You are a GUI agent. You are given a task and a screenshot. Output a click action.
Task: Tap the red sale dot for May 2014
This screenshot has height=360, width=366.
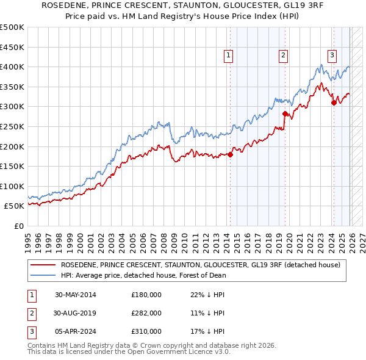tap(230, 154)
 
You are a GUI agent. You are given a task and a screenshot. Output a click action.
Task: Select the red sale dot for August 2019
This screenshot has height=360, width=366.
tap(285, 113)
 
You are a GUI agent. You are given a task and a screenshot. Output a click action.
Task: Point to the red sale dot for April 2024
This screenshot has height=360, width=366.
tap(334, 103)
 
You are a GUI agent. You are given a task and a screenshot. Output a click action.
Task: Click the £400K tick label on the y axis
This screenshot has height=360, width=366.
tap(12, 67)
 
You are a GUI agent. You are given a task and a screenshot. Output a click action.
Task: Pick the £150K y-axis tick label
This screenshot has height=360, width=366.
tap(12, 166)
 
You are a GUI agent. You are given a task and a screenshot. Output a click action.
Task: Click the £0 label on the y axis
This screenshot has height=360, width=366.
tap(18, 226)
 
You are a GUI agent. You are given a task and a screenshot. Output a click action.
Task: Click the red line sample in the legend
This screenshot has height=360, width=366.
tap(44, 265)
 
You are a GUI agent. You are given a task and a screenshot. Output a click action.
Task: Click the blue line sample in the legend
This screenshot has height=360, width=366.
tap(44, 275)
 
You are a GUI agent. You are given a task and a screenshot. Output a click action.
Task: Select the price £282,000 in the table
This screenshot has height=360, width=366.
tap(146, 313)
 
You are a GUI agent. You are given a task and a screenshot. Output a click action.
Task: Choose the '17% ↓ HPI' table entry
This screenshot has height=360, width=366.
tap(207, 331)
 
